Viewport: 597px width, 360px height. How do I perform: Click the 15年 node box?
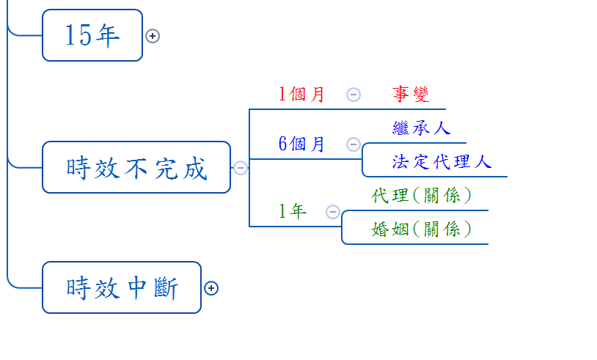(92, 35)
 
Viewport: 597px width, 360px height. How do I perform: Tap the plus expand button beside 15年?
(153, 36)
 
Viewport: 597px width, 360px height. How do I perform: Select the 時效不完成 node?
(136, 168)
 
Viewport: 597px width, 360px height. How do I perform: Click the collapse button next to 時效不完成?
(241, 168)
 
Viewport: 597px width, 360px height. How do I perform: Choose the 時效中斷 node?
(122, 287)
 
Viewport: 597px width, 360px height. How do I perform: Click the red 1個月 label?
(301, 95)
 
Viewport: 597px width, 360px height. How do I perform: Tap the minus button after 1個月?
(354, 95)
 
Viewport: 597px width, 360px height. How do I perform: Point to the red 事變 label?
(411, 95)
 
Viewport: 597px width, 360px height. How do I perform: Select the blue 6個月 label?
(301, 144)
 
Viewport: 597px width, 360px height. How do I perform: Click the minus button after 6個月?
(354, 144)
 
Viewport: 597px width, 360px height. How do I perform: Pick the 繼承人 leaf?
(421, 128)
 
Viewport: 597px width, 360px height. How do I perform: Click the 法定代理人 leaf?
(442, 162)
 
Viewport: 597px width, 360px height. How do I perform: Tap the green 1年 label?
(292, 212)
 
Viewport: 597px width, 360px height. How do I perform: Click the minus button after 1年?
(332, 212)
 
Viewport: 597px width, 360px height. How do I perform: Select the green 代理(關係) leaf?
(421, 196)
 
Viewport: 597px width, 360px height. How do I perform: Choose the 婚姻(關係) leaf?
(421, 229)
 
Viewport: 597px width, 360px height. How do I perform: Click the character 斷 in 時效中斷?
(166, 287)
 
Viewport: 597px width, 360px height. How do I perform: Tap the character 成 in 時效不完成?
(196, 169)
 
